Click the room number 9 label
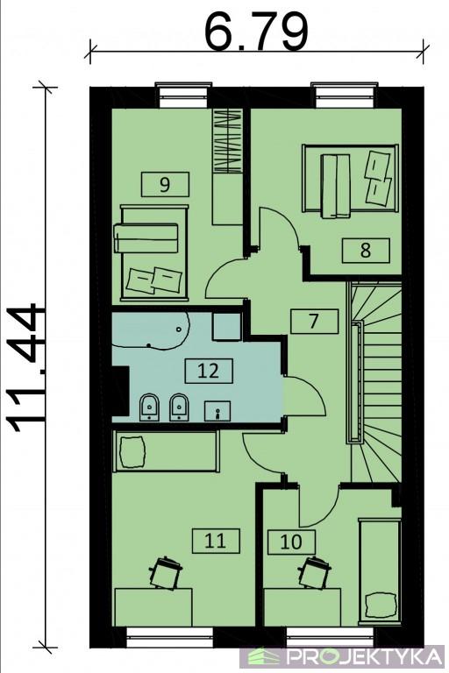click(x=165, y=185)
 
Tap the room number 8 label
click(x=366, y=251)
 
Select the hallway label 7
click(x=314, y=321)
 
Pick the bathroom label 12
click(x=209, y=371)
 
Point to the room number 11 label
click(x=216, y=541)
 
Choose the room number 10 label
click(x=291, y=542)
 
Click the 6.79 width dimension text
click(x=257, y=32)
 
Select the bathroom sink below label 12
click(x=217, y=411)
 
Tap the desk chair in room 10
click(x=315, y=572)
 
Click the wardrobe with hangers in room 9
click(x=228, y=141)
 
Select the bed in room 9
click(x=154, y=252)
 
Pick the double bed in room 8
click(x=349, y=179)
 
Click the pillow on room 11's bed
click(x=132, y=451)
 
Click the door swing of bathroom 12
click(x=304, y=396)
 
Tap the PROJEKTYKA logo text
click(x=364, y=656)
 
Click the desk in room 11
click(x=153, y=607)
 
